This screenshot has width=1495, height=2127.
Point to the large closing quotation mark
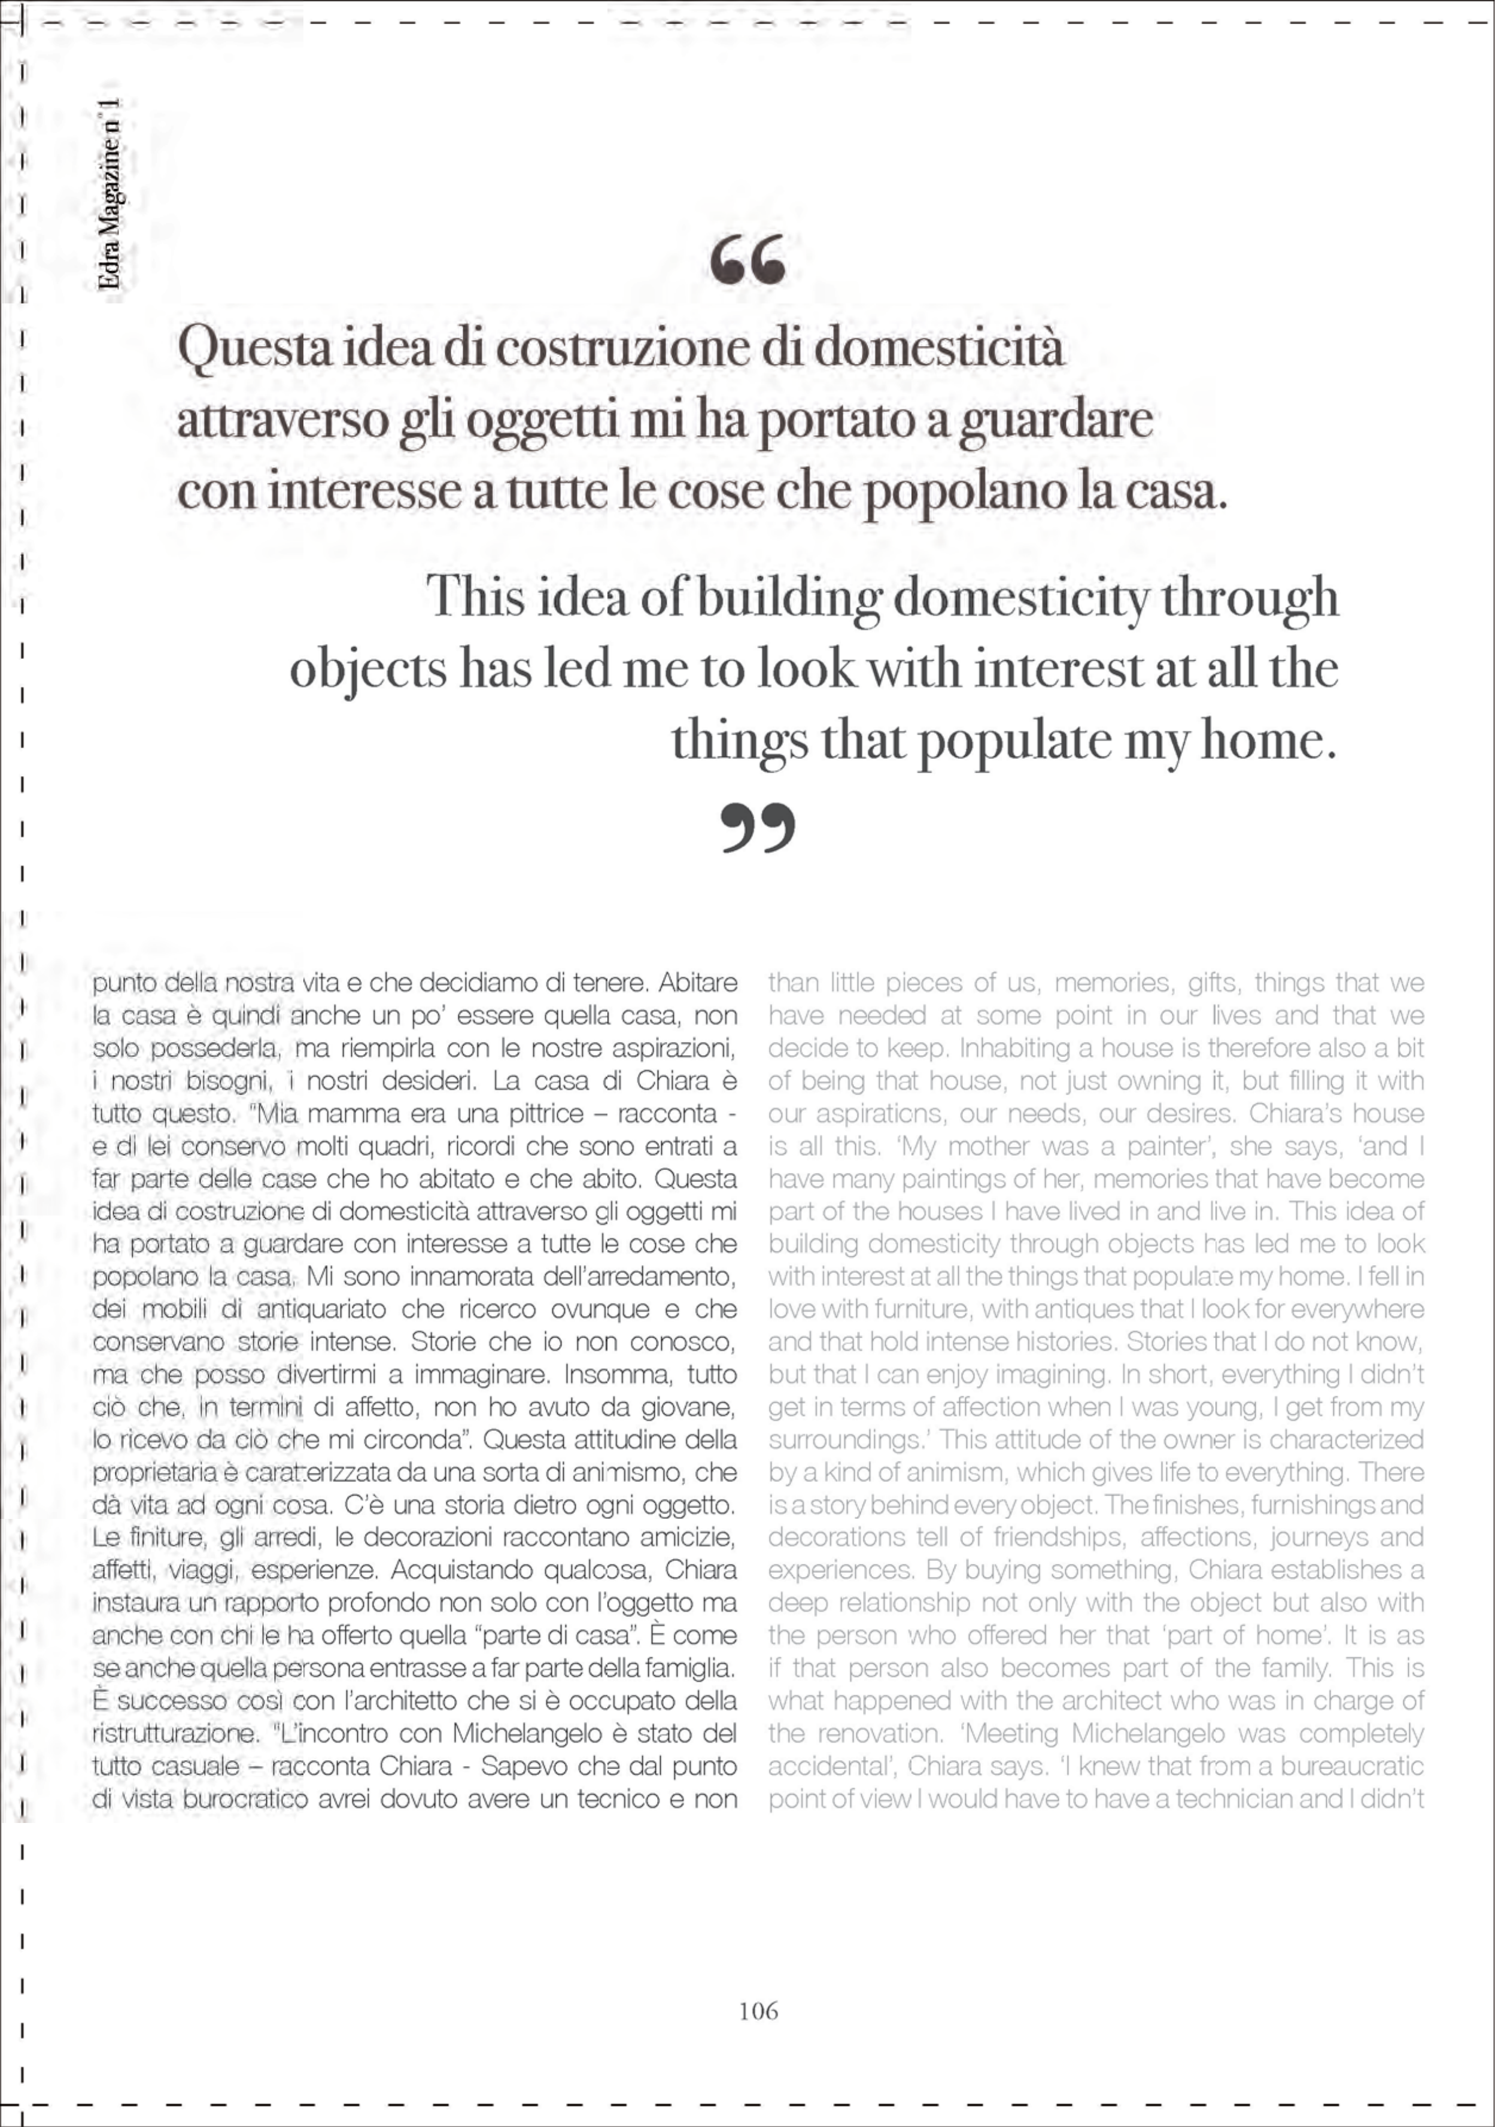758,827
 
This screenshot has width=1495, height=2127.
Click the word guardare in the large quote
1055,420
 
